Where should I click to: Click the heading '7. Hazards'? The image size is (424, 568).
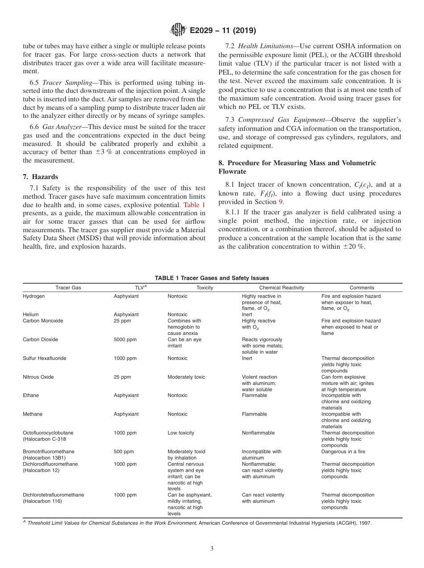42,177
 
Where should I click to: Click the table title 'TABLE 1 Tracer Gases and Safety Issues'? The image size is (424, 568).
212,278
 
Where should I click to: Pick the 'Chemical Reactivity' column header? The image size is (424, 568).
281,288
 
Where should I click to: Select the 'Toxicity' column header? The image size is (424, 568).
205,288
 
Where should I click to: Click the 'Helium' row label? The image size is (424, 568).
31,314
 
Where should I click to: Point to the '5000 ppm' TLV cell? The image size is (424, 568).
125,339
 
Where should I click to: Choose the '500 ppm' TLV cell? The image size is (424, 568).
124,451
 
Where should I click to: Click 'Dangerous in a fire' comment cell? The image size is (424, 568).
343,451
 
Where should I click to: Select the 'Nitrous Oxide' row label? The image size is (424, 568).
38,377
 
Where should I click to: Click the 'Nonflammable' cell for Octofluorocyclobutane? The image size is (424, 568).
258,433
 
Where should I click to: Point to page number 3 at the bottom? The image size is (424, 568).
212,549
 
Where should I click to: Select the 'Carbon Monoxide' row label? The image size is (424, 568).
43,321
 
